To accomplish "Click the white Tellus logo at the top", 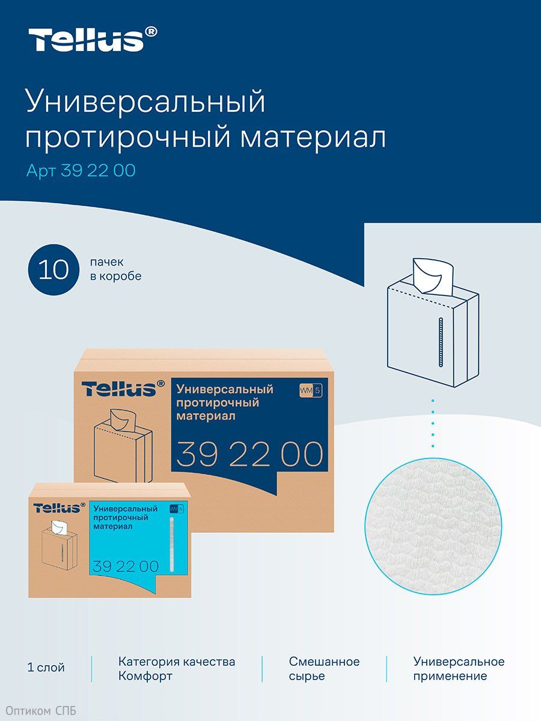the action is click(93, 39).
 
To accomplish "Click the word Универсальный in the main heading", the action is click(145, 102).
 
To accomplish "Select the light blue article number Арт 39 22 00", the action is click(81, 171).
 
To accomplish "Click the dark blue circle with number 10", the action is click(53, 269).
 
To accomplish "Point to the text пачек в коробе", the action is click(115, 269).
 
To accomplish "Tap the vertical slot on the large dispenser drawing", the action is click(441, 342).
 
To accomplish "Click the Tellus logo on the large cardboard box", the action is click(123, 388).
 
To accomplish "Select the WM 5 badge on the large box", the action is click(310, 391).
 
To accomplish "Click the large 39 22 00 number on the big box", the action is click(249, 454).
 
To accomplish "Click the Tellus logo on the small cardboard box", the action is click(59, 508).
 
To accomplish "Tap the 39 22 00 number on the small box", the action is click(126, 566).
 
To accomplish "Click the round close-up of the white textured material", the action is click(433, 526).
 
